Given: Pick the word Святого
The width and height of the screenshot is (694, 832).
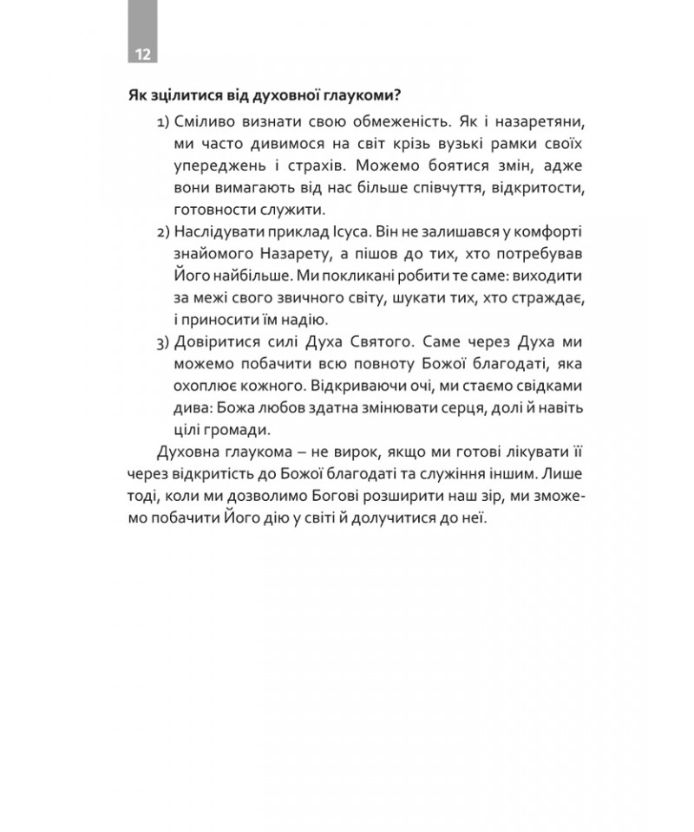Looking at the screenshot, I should (362, 340).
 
